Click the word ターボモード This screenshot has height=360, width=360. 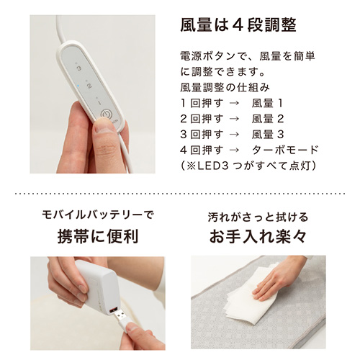(285, 150)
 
